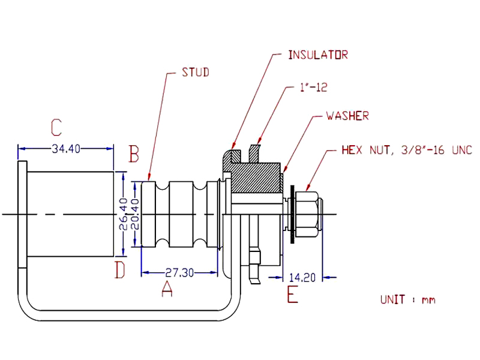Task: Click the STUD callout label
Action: point(195,73)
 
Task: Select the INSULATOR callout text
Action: point(318,55)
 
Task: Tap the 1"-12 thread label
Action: point(313,88)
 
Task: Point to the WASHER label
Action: point(347,116)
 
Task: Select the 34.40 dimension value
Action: point(66,149)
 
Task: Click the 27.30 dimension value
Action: point(179,272)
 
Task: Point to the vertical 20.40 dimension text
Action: point(134,214)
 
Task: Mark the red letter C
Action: point(56,127)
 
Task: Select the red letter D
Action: point(120,271)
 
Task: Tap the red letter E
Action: point(292,295)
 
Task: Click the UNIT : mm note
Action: point(407,299)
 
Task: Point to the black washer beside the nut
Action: point(292,214)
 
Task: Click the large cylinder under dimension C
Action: point(71,214)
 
